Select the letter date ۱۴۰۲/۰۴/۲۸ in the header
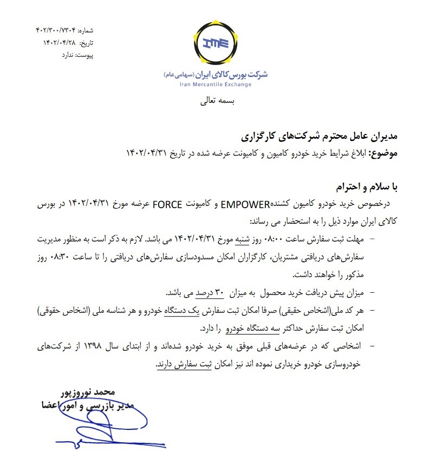(x=59, y=43)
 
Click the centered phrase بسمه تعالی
(x=215, y=101)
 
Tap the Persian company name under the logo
(x=216, y=74)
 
